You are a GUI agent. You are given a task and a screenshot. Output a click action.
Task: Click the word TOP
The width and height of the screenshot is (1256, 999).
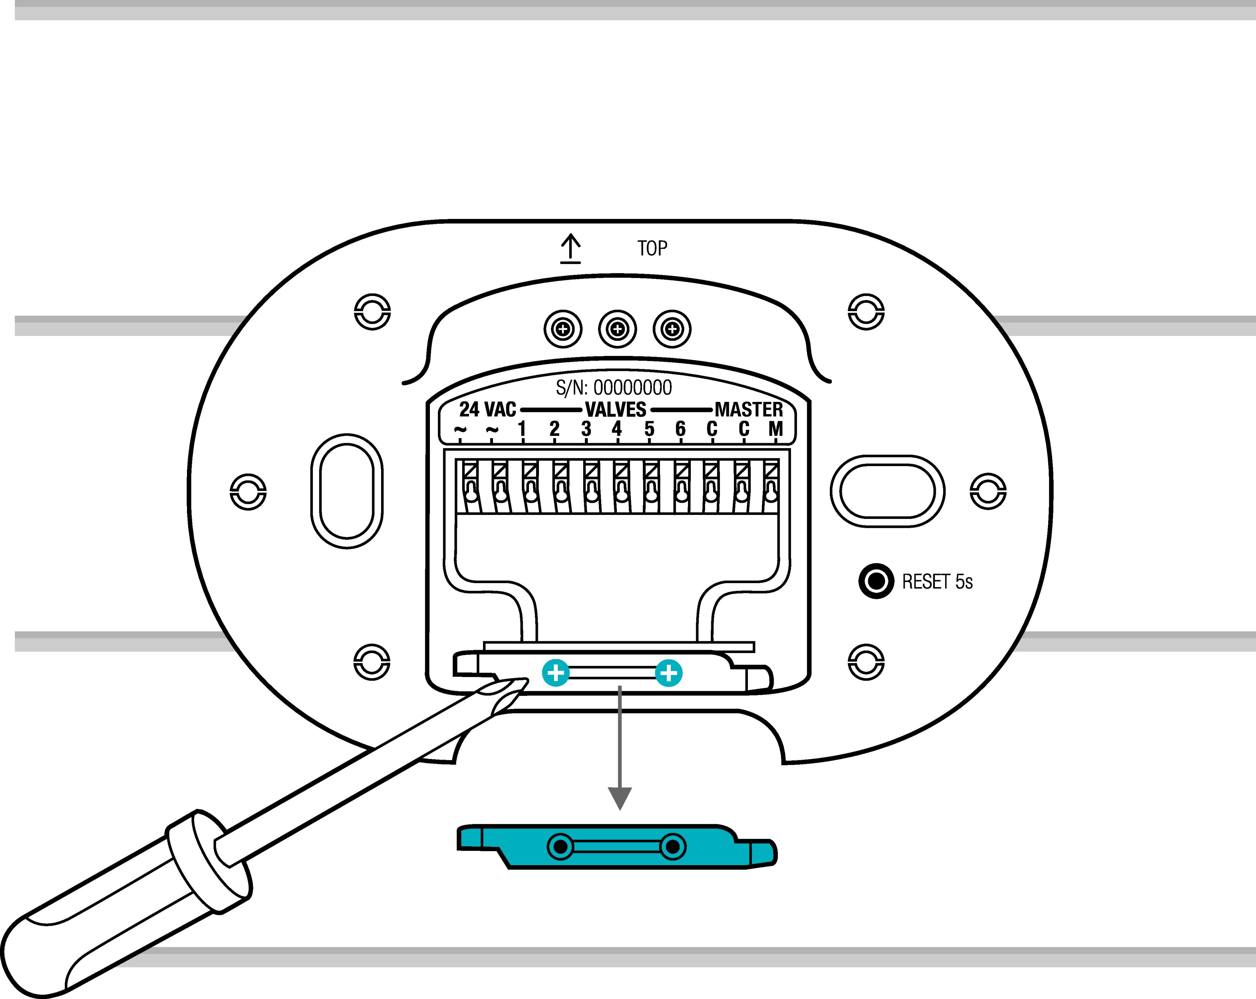coord(652,249)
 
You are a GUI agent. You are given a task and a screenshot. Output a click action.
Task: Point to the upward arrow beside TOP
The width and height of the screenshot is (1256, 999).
coord(570,249)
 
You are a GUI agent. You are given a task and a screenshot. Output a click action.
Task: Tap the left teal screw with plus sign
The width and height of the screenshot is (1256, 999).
coord(556,674)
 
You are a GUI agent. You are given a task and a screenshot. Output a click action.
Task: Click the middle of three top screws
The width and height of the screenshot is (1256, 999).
coord(618,329)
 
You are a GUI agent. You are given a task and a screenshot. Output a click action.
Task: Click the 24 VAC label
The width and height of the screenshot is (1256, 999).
coord(488,409)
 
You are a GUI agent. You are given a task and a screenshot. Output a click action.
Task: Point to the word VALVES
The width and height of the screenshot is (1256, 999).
coord(616,409)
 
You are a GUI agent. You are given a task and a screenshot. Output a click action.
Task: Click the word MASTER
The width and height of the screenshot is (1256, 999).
coord(749,409)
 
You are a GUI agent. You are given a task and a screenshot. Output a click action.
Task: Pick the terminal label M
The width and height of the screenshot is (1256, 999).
coord(775,429)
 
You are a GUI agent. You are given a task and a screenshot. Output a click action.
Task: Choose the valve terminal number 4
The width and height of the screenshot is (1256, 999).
coord(617,429)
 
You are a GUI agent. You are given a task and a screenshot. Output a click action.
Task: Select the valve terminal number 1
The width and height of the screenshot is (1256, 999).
coord(522,429)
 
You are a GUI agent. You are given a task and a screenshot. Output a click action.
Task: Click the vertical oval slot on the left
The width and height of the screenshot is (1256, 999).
coord(347,491)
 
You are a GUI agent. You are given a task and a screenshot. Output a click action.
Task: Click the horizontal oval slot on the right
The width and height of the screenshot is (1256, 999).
coord(887,491)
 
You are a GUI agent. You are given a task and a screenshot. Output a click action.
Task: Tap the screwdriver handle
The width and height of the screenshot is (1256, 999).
coord(117,909)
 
